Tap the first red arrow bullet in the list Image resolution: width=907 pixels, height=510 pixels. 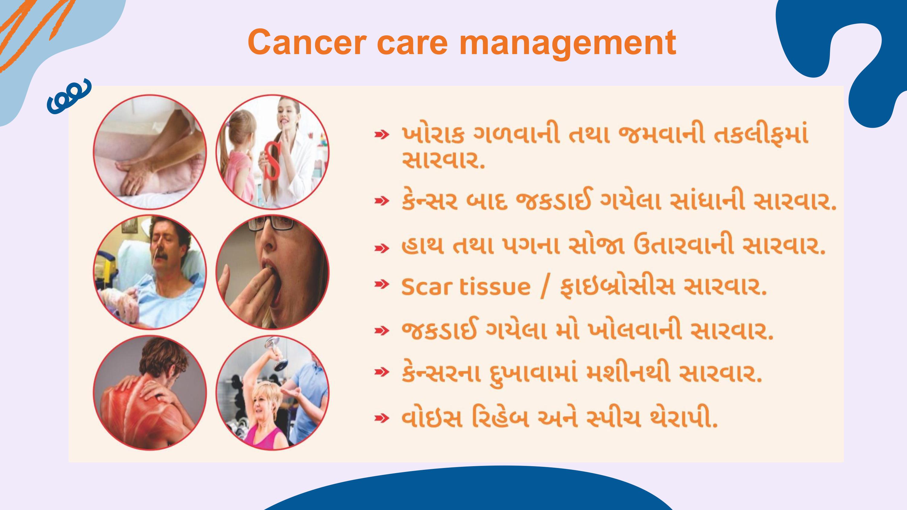[x=382, y=134]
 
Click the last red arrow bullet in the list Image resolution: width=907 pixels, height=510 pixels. [x=382, y=418]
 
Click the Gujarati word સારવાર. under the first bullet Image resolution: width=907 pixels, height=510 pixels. [x=443, y=160]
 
